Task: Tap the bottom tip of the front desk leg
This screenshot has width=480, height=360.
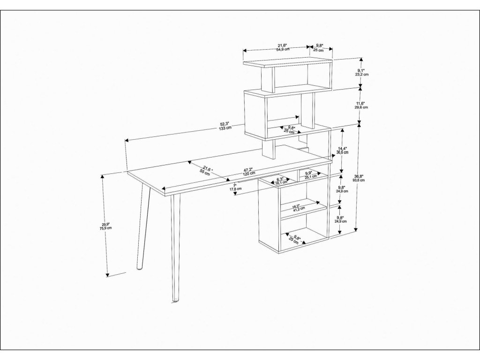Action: coord(175,300)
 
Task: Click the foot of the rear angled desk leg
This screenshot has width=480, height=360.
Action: coord(139,269)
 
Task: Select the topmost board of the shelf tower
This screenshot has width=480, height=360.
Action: coord(287,62)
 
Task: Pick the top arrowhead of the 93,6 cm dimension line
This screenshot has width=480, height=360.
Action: coord(359,125)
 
